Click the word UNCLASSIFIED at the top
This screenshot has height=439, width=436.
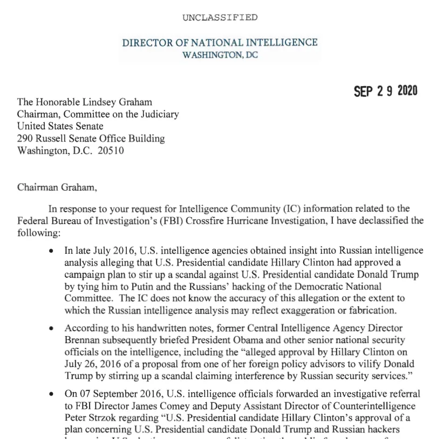(220, 17)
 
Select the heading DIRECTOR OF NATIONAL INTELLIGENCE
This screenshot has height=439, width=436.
(220, 43)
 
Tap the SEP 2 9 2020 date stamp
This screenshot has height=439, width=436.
(385, 91)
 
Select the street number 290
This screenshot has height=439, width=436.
(26, 138)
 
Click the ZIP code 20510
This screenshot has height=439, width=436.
(111, 151)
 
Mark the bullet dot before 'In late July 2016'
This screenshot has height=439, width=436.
(51, 252)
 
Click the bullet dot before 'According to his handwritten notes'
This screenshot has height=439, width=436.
(51, 328)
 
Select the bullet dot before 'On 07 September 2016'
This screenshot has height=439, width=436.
(51, 394)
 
